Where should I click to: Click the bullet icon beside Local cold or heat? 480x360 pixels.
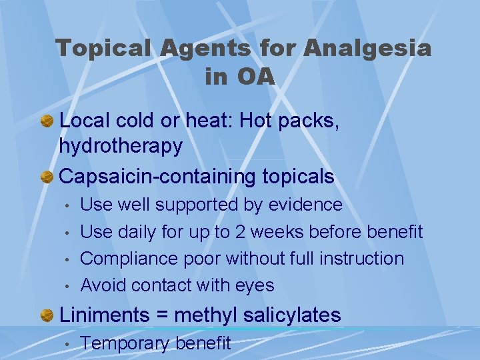tap(47, 122)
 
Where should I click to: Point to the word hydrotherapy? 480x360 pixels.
tap(121, 146)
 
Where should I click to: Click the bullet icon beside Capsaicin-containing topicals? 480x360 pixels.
tap(47, 177)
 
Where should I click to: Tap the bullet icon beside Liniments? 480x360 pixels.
tap(47, 315)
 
